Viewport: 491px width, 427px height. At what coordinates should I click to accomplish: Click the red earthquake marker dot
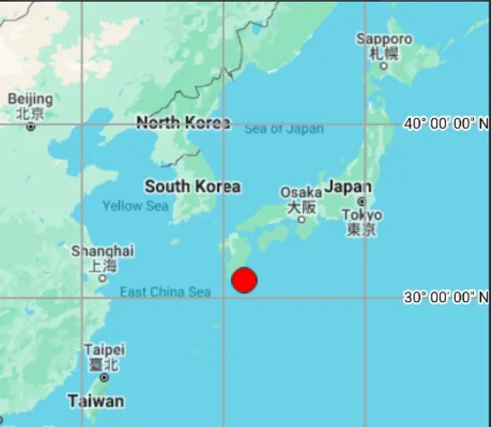[x=244, y=280]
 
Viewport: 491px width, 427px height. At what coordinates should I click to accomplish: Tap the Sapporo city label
[x=384, y=39]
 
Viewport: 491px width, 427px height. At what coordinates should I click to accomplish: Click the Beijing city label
[x=30, y=99]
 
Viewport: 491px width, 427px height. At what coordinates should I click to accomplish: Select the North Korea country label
[x=183, y=123]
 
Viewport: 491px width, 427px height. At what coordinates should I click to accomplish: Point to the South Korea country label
[x=192, y=186]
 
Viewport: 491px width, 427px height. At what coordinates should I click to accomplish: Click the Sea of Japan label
[x=284, y=128]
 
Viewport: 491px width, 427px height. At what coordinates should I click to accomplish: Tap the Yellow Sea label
[x=135, y=206]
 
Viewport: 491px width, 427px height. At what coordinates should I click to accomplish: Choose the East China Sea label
[x=166, y=291]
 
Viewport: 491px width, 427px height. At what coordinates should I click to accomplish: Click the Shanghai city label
[x=103, y=251]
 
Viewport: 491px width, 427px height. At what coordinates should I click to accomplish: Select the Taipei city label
[x=104, y=349]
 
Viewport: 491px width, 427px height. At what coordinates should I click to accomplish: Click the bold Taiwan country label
[x=96, y=401]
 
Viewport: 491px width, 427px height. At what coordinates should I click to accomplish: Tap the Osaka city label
[x=301, y=193]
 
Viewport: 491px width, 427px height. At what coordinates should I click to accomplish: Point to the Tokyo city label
[x=361, y=216]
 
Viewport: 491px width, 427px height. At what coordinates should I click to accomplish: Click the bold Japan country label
[x=348, y=187]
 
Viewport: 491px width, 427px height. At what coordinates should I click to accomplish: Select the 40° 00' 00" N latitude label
[x=447, y=123]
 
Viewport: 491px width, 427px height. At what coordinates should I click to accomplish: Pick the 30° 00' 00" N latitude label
[x=447, y=297]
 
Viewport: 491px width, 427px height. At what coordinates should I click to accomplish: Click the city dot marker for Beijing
[x=31, y=127]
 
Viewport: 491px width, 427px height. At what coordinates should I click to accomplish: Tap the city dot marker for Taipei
[x=104, y=377]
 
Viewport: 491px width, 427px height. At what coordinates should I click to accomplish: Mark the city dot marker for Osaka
[x=301, y=219]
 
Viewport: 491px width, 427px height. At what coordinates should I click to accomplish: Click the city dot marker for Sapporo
[x=384, y=66]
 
